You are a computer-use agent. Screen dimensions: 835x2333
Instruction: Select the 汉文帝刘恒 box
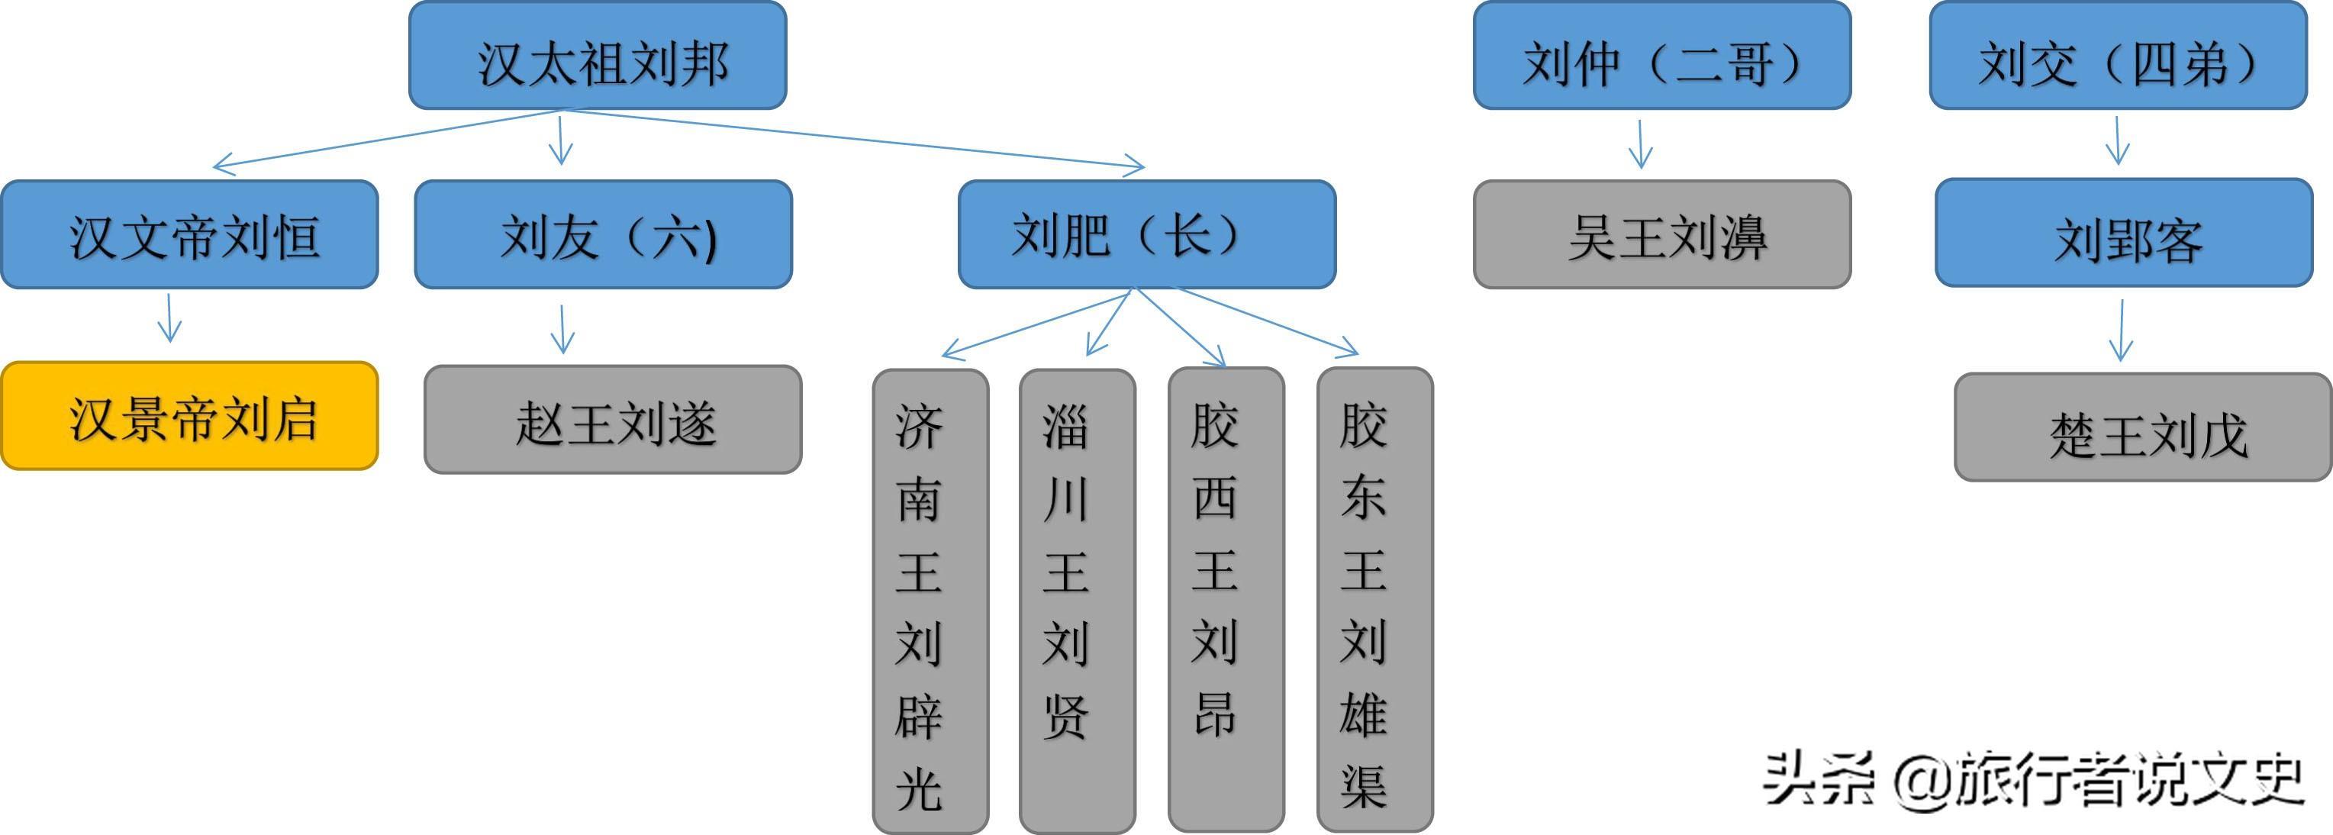point(189,234)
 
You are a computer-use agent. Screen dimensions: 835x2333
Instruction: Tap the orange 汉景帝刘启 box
point(189,416)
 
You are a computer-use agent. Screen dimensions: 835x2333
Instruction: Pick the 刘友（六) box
point(603,234)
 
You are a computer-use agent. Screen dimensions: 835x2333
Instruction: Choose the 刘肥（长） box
point(1146,234)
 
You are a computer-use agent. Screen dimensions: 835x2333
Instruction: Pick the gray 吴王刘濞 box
point(1662,234)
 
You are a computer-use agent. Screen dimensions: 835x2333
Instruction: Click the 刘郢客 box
point(2124,234)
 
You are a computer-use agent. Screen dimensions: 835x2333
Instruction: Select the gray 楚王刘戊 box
point(2142,427)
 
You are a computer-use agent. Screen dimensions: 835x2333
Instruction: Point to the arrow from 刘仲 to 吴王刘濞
point(1640,143)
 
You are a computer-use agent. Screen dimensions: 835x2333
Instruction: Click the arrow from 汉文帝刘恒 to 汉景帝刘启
point(169,317)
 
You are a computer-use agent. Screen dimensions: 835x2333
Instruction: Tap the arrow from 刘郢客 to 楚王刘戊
point(2121,330)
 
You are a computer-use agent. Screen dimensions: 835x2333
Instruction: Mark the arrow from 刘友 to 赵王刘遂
point(562,329)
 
